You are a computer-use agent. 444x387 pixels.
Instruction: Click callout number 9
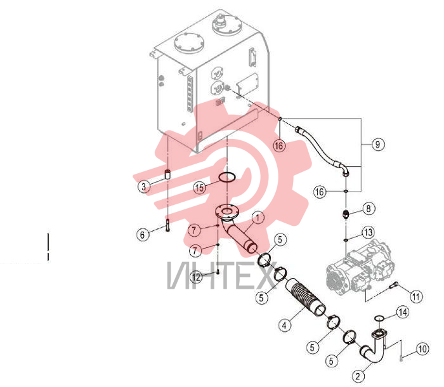click(377, 145)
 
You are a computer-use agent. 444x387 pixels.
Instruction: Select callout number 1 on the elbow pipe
click(258, 218)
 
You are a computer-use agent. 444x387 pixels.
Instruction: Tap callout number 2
click(358, 376)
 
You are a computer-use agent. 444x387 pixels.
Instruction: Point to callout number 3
click(144, 187)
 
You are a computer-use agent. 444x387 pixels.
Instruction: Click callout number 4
click(285, 325)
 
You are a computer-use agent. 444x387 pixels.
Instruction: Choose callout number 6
click(143, 235)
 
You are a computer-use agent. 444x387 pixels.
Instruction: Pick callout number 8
click(369, 209)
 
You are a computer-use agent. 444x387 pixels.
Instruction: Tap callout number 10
click(422, 349)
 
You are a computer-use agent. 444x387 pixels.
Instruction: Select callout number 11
click(416, 297)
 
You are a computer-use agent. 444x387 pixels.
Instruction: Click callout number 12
click(196, 277)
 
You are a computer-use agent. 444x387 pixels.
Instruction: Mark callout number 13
click(369, 232)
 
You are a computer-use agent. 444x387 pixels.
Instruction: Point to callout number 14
click(402, 312)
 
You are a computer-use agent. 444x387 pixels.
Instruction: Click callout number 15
click(200, 188)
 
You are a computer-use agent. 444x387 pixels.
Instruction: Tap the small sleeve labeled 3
click(167, 174)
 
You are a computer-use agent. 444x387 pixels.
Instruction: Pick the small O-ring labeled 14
click(379, 318)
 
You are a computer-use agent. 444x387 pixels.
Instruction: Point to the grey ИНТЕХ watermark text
click(223, 275)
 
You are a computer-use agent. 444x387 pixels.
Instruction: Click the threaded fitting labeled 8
click(346, 214)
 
